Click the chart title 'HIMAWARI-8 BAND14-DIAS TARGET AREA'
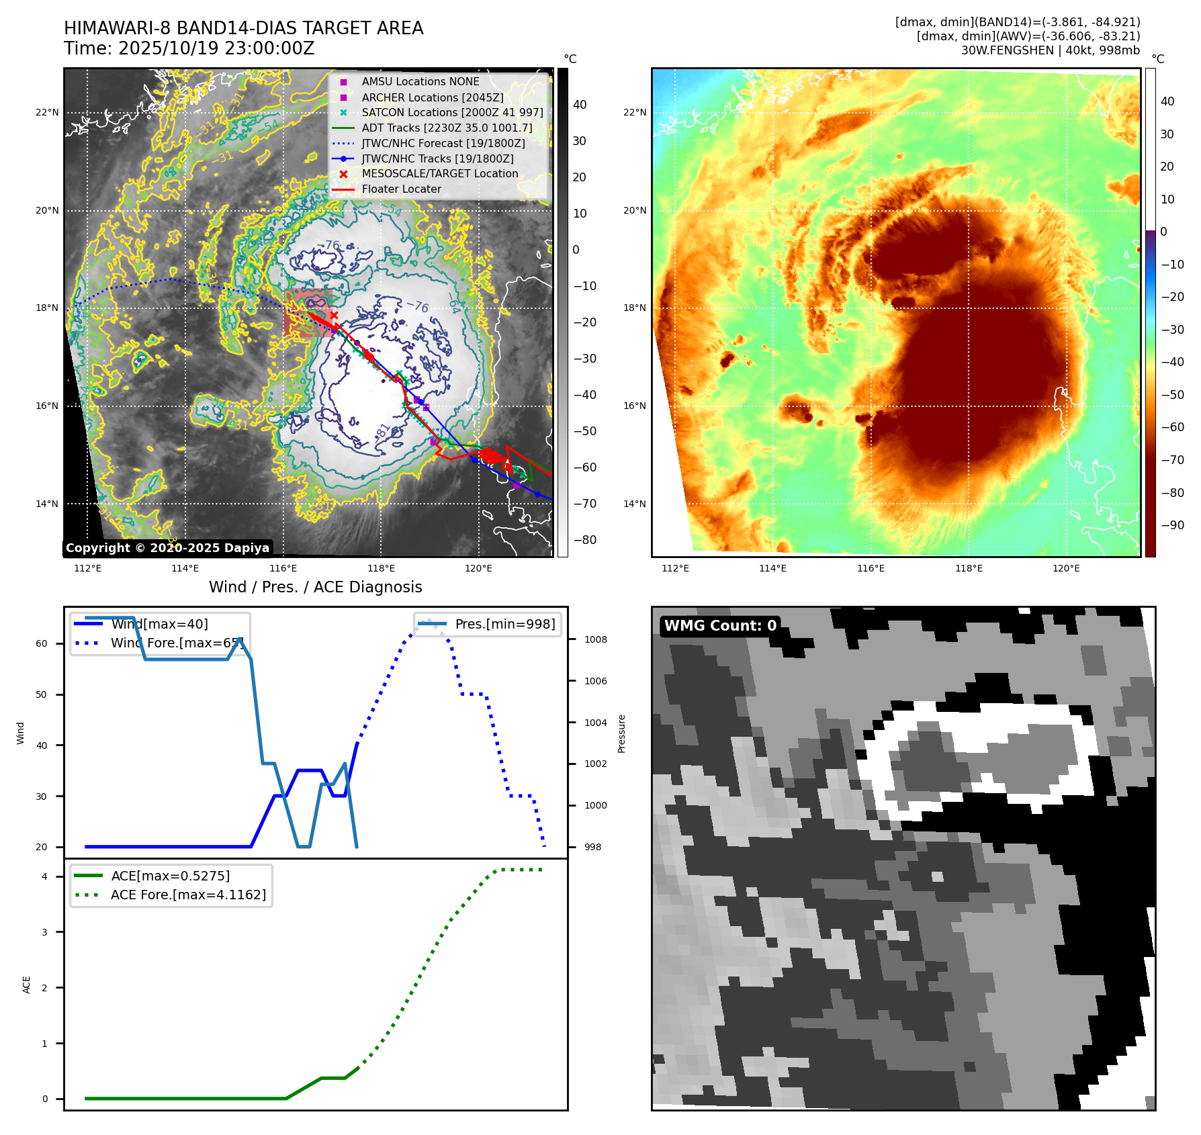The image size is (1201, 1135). point(243,28)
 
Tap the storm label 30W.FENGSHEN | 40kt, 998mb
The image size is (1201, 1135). point(1050,50)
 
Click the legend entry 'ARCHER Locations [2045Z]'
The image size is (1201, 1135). point(432,97)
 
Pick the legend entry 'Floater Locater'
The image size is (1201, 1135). point(401,189)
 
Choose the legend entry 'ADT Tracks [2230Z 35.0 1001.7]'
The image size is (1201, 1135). point(447,128)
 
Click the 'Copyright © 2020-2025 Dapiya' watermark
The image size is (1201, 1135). point(167,548)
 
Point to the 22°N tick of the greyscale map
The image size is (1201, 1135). point(47,112)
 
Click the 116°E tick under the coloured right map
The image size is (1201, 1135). point(871,568)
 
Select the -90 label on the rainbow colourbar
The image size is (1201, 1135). point(1172,525)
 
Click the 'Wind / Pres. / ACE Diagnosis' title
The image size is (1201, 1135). point(315,587)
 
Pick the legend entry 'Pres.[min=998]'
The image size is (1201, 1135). point(504,624)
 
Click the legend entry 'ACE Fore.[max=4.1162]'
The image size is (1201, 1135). point(188,895)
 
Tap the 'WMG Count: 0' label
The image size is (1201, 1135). point(720,626)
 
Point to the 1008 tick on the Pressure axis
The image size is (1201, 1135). point(595,639)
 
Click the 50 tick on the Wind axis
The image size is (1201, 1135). point(42,694)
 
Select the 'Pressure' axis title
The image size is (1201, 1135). point(621,733)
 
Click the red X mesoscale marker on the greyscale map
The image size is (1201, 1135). point(334,315)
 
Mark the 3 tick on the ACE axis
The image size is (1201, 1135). point(45,932)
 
